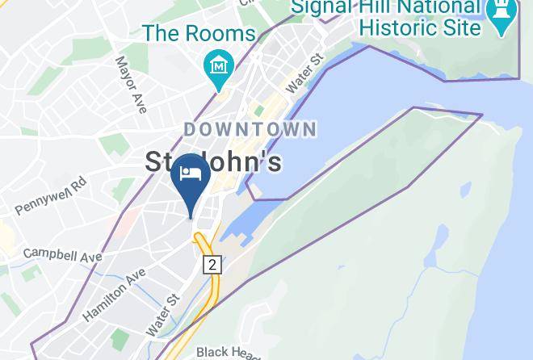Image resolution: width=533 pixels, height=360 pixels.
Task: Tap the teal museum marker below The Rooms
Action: coord(218,63)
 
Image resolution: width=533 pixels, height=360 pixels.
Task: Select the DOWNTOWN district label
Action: coord(250,129)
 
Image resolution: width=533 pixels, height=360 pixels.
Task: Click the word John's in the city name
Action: coord(241,162)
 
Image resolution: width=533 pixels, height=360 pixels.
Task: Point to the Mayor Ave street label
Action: coord(131,84)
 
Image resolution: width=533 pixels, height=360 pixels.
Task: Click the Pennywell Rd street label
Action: coord(51,196)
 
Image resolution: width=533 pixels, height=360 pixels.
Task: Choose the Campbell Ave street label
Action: coord(62,255)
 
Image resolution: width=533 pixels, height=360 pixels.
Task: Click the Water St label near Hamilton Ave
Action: coord(162,315)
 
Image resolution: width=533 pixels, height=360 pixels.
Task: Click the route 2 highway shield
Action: coord(212,265)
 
